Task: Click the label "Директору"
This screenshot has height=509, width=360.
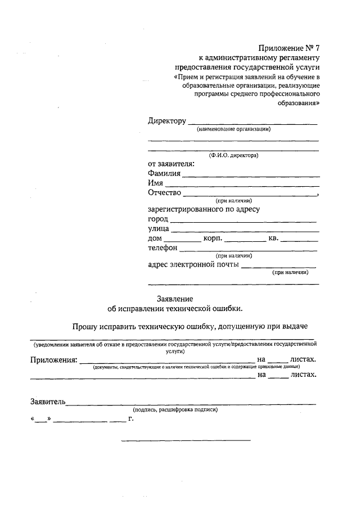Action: (x=166, y=121)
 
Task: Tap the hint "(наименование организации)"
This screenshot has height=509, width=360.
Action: (x=233, y=129)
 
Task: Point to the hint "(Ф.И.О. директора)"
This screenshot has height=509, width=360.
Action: (x=233, y=155)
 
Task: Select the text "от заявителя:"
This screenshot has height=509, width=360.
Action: (x=171, y=164)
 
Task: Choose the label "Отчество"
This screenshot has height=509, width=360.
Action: (x=164, y=193)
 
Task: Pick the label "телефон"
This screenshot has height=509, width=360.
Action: (x=163, y=248)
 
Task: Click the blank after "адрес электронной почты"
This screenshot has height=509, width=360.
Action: (x=278, y=266)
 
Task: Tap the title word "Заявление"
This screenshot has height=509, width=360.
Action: (x=174, y=298)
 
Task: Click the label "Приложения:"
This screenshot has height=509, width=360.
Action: (x=53, y=359)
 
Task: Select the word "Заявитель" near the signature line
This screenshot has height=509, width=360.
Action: (x=48, y=402)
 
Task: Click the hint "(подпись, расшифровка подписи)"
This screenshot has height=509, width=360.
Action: (x=175, y=410)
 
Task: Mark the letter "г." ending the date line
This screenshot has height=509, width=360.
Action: (x=131, y=418)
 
